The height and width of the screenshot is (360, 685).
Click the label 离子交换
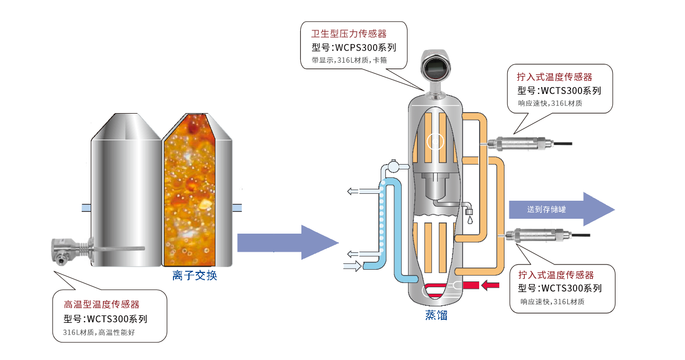[195, 276]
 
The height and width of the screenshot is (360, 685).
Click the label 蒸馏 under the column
[436, 315]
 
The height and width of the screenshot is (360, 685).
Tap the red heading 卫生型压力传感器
[349, 34]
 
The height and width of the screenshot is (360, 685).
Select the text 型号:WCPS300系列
[354, 47]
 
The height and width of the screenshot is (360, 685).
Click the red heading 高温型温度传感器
[101, 305]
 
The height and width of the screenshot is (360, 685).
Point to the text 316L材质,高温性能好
[103, 333]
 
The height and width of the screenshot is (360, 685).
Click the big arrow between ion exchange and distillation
[287, 243]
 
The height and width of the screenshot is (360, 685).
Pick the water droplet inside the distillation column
[470, 217]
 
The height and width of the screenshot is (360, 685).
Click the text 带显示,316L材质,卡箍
[349, 60]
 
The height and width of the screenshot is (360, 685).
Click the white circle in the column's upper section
[435, 141]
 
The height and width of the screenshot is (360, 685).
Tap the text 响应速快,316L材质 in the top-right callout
[550, 103]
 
